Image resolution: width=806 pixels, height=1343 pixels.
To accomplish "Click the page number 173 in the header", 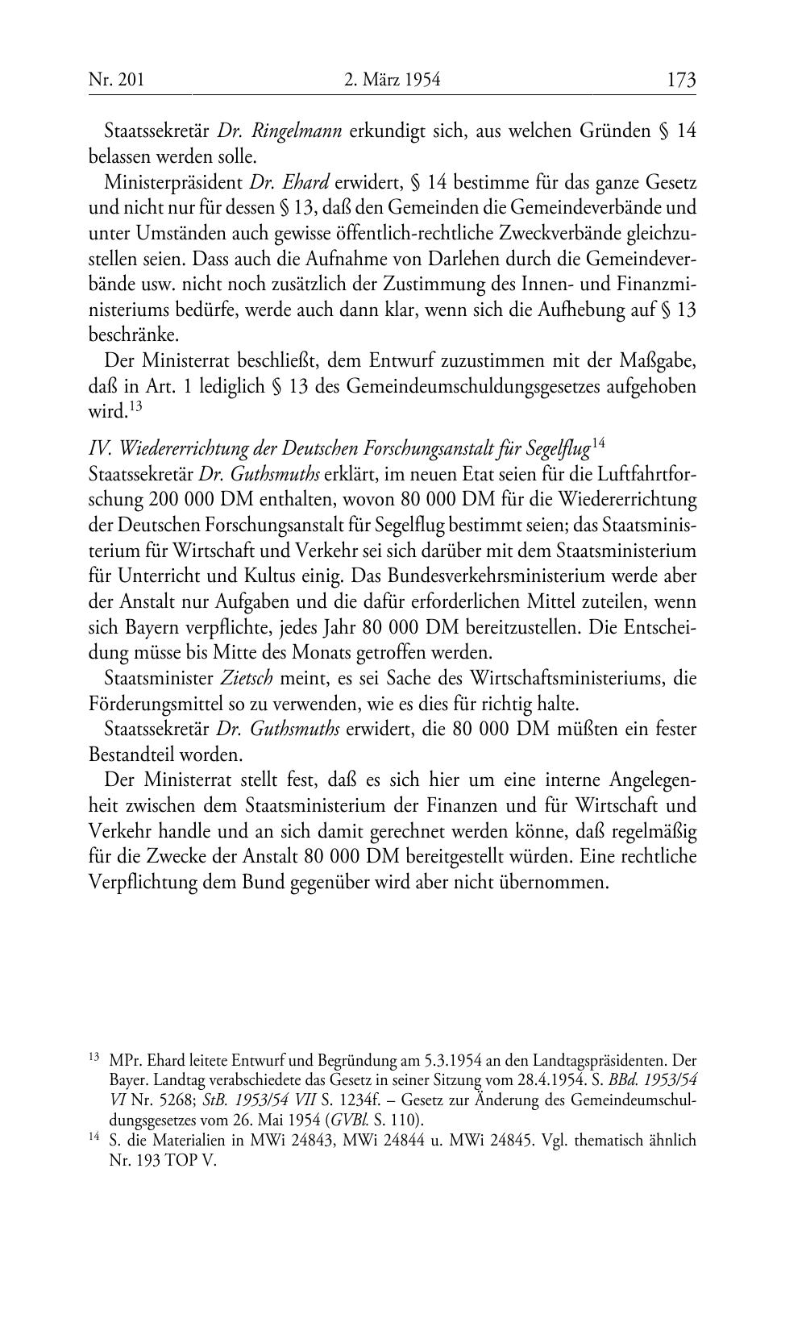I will click(x=681, y=80).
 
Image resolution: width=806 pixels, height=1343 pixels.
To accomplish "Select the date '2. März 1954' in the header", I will click(x=392, y=80).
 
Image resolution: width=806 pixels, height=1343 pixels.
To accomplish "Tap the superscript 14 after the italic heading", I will click(x=599, y=442).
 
